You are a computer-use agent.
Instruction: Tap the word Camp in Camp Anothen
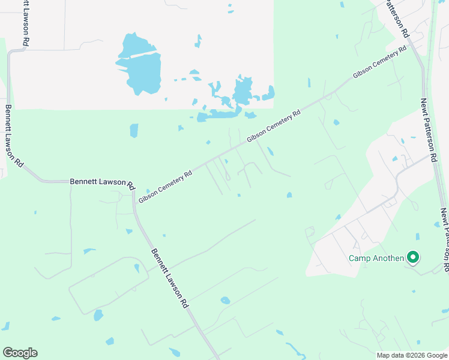click(x=361, y=259)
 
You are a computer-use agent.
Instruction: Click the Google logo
click(x=20, y=353)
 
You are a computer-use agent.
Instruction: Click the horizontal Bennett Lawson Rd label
click(x=102, y=181)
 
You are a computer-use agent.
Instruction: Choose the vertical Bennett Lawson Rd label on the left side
click(x=14, y=137)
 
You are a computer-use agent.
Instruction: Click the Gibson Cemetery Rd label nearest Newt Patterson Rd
click(x=376, y=65)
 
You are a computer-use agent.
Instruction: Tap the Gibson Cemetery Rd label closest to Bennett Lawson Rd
click(x=165, y=186)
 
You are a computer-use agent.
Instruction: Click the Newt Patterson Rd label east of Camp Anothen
click(x=444, y=240)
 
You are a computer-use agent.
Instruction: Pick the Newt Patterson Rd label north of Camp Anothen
click(x=427, y=131)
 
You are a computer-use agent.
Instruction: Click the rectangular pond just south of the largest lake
click(x=134, y=131)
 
